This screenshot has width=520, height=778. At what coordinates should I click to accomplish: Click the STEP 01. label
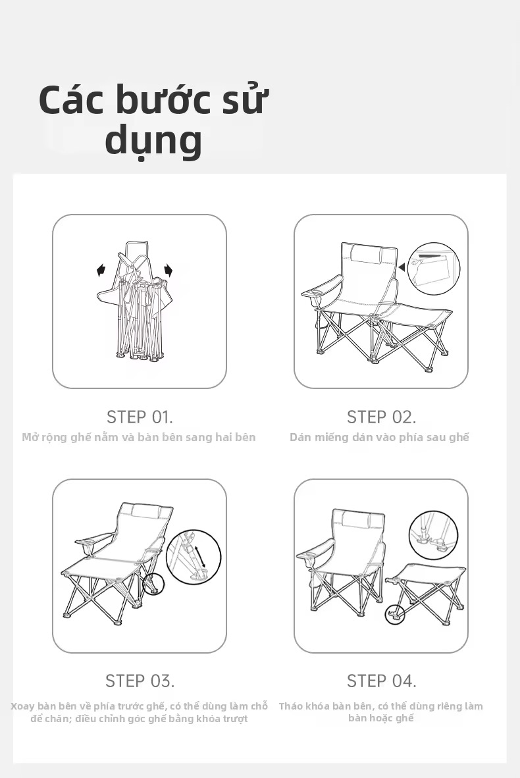point(140,417)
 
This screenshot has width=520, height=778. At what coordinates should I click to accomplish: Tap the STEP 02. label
point(381,417)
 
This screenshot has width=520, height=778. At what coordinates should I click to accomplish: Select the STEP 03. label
point(140,681)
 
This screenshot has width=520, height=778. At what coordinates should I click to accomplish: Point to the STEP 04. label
point(381,681)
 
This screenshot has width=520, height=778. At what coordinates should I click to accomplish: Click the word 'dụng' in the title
point(153,140)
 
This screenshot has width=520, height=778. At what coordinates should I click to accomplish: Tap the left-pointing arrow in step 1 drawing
point(101,271)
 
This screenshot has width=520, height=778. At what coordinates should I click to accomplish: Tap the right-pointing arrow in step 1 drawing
point(169,271)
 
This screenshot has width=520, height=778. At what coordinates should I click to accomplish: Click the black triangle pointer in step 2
point(402,267)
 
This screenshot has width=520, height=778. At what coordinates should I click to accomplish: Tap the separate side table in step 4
point(425,587)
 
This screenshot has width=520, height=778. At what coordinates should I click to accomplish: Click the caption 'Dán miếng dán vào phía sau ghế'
point(380,437)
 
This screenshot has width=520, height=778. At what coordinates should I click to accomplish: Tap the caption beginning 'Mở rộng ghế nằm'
point(139,437)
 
